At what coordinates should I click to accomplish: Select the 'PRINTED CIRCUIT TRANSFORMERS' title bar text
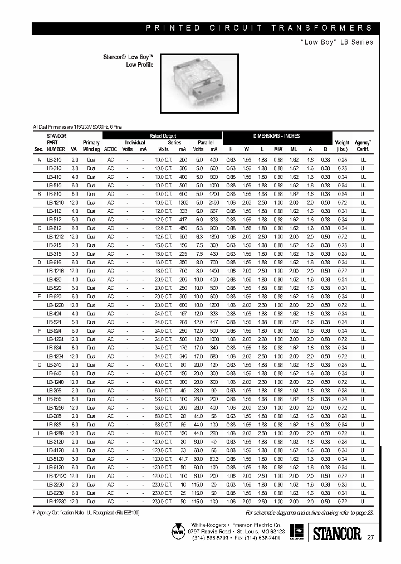pos(258,28)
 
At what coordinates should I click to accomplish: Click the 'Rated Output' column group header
pos(163,136)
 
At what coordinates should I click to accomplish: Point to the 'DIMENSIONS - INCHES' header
pos(276,136)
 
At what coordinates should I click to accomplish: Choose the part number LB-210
pos(55,160)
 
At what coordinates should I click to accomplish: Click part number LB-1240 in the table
pos(56,382)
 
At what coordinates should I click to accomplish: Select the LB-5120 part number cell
pos(55,459)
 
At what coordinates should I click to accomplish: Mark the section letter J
pos(39,467)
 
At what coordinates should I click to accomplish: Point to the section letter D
pos(39,262)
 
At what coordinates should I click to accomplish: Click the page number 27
pos(370,537)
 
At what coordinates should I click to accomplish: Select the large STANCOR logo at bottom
pos(334,534)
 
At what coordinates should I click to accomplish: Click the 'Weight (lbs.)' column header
pos(342,146)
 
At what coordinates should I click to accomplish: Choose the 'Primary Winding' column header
pos(91,146)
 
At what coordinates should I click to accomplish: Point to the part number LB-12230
pos(56,501)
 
